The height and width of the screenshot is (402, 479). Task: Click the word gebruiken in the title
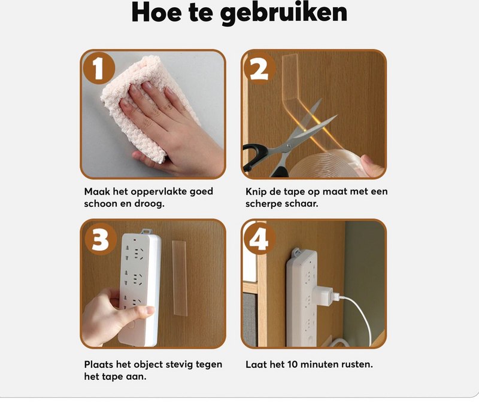point(283,13)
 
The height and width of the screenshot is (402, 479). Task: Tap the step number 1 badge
point(99,68)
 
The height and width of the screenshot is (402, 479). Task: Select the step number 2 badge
point(259,68)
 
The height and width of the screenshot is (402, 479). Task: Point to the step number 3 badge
point(101,239)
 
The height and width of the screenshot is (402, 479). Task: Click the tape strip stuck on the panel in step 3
point(180,278)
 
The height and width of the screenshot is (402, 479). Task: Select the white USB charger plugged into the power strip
point(325,296)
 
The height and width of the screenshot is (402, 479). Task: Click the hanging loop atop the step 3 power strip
point(146,232)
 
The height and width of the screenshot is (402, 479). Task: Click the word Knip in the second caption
point(253,192)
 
